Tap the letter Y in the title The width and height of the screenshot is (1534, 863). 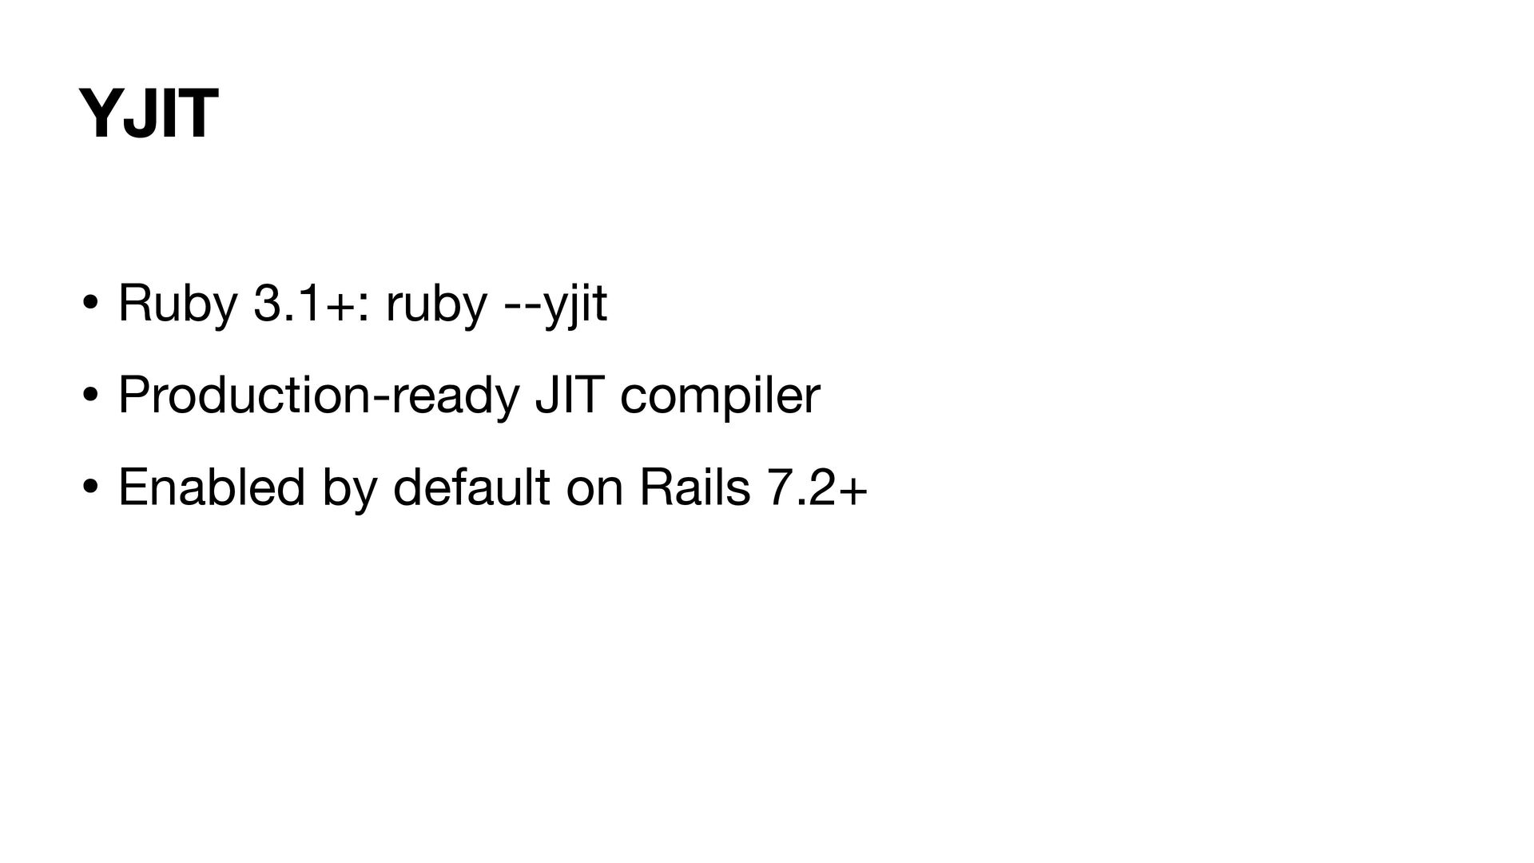tap(99, 114)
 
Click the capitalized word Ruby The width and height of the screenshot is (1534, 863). tap(177, 304)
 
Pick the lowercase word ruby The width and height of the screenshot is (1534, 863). tap(435, 304)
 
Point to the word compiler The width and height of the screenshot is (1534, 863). tap(719, 396)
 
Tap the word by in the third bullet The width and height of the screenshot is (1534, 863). tap(348, 487)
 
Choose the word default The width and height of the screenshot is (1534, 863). tap(471, 487)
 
